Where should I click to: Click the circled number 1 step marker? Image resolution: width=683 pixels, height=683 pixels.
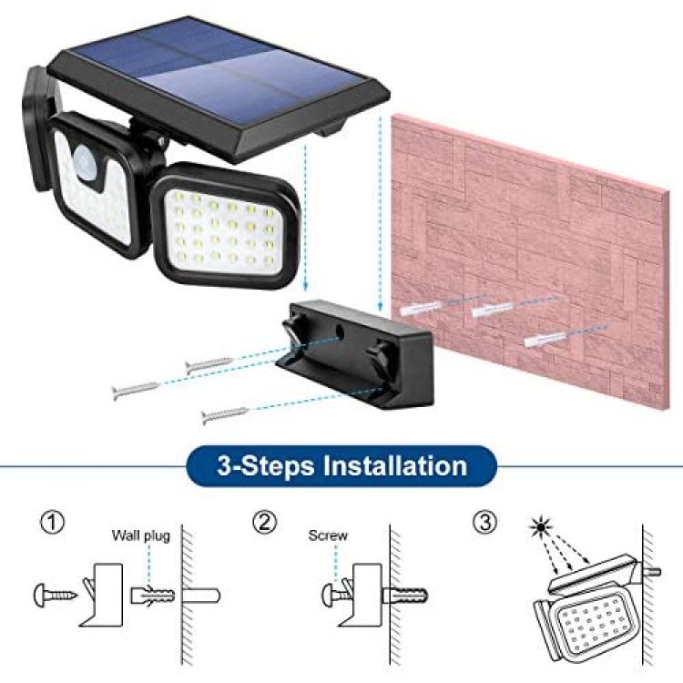coord(52,523)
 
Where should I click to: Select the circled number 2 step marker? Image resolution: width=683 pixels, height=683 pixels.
coord(265,523)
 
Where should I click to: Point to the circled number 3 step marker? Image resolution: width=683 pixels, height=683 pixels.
coord(484,523)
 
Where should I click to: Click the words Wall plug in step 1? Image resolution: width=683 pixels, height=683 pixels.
coord(140,535)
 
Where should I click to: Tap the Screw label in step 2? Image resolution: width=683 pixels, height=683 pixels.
coord(328,535)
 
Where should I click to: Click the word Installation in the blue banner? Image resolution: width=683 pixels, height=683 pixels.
coord(394,465)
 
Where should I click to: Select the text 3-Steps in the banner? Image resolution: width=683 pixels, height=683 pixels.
coord(265,466)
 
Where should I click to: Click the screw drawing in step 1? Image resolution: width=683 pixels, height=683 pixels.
coord(56,595)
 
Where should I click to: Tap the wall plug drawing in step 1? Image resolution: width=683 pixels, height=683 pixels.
coord(152,595)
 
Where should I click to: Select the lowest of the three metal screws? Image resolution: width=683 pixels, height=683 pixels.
coord(225,415)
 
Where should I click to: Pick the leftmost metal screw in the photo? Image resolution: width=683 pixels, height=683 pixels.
coord(136,390)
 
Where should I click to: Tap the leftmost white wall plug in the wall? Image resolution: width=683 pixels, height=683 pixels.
coord(418,309)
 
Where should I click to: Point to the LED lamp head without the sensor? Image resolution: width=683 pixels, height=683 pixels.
coord(225,227)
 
